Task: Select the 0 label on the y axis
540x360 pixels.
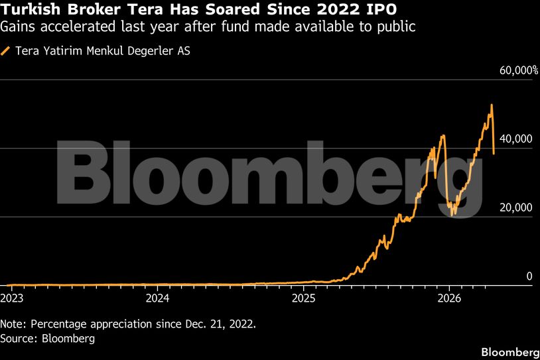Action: [529, 276]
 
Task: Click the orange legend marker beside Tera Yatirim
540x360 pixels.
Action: [6, 50]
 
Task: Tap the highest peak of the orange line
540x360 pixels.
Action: [491, 105]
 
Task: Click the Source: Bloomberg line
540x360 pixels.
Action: [48, 339]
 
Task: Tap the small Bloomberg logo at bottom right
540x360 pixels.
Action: [509, 351]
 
